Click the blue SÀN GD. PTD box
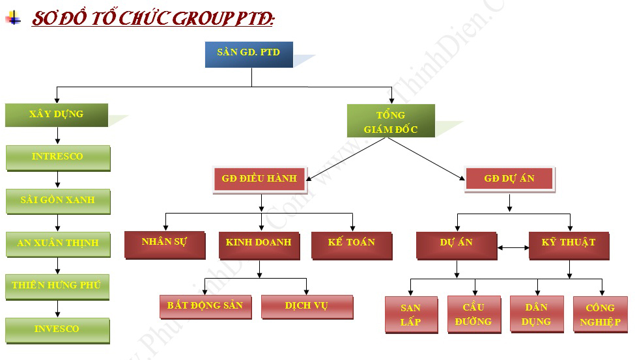pos(248,54)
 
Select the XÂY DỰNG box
pos(56,115)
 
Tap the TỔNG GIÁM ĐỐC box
pos(390,121)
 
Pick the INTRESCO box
pos(57,157)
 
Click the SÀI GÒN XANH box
pos(57,201)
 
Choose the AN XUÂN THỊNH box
pos(57,243)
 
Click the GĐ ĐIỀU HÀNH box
pos(259,178)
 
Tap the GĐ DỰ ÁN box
pos(509,178)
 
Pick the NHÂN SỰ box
pos(164,243)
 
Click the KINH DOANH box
pos(259,243)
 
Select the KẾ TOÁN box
pos(351,243)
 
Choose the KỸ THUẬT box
pos(568,243)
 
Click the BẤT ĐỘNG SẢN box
pos(205,306)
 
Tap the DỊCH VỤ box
pos(306,306)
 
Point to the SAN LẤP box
pos(410,314)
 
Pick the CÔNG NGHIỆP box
pos(599,314)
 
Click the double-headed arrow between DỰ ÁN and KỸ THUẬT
pos(513,247)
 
